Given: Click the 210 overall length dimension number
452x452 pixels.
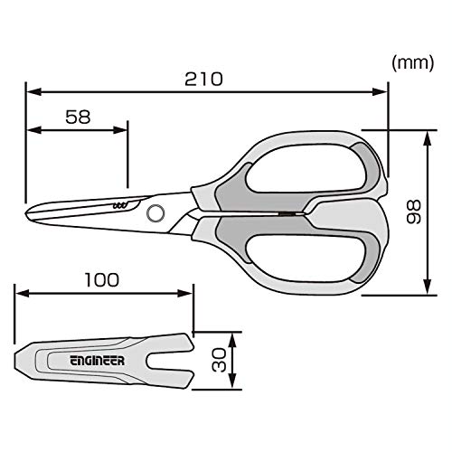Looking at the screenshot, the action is point(203,79).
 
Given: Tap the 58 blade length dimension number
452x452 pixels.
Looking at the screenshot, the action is point(78,117).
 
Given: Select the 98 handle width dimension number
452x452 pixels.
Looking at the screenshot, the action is point(413,212).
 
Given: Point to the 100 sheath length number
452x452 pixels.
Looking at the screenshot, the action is point(102,280).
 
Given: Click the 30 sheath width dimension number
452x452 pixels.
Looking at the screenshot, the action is point(219,360).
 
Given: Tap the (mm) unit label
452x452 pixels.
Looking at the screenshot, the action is point(413,63).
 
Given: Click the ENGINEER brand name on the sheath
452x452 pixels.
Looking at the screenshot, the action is point(98,361).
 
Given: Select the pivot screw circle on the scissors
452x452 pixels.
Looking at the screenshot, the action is point(155,213).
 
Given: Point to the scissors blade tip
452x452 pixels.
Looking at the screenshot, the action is point(26,213).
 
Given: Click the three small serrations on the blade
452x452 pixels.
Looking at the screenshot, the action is point(119,206).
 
